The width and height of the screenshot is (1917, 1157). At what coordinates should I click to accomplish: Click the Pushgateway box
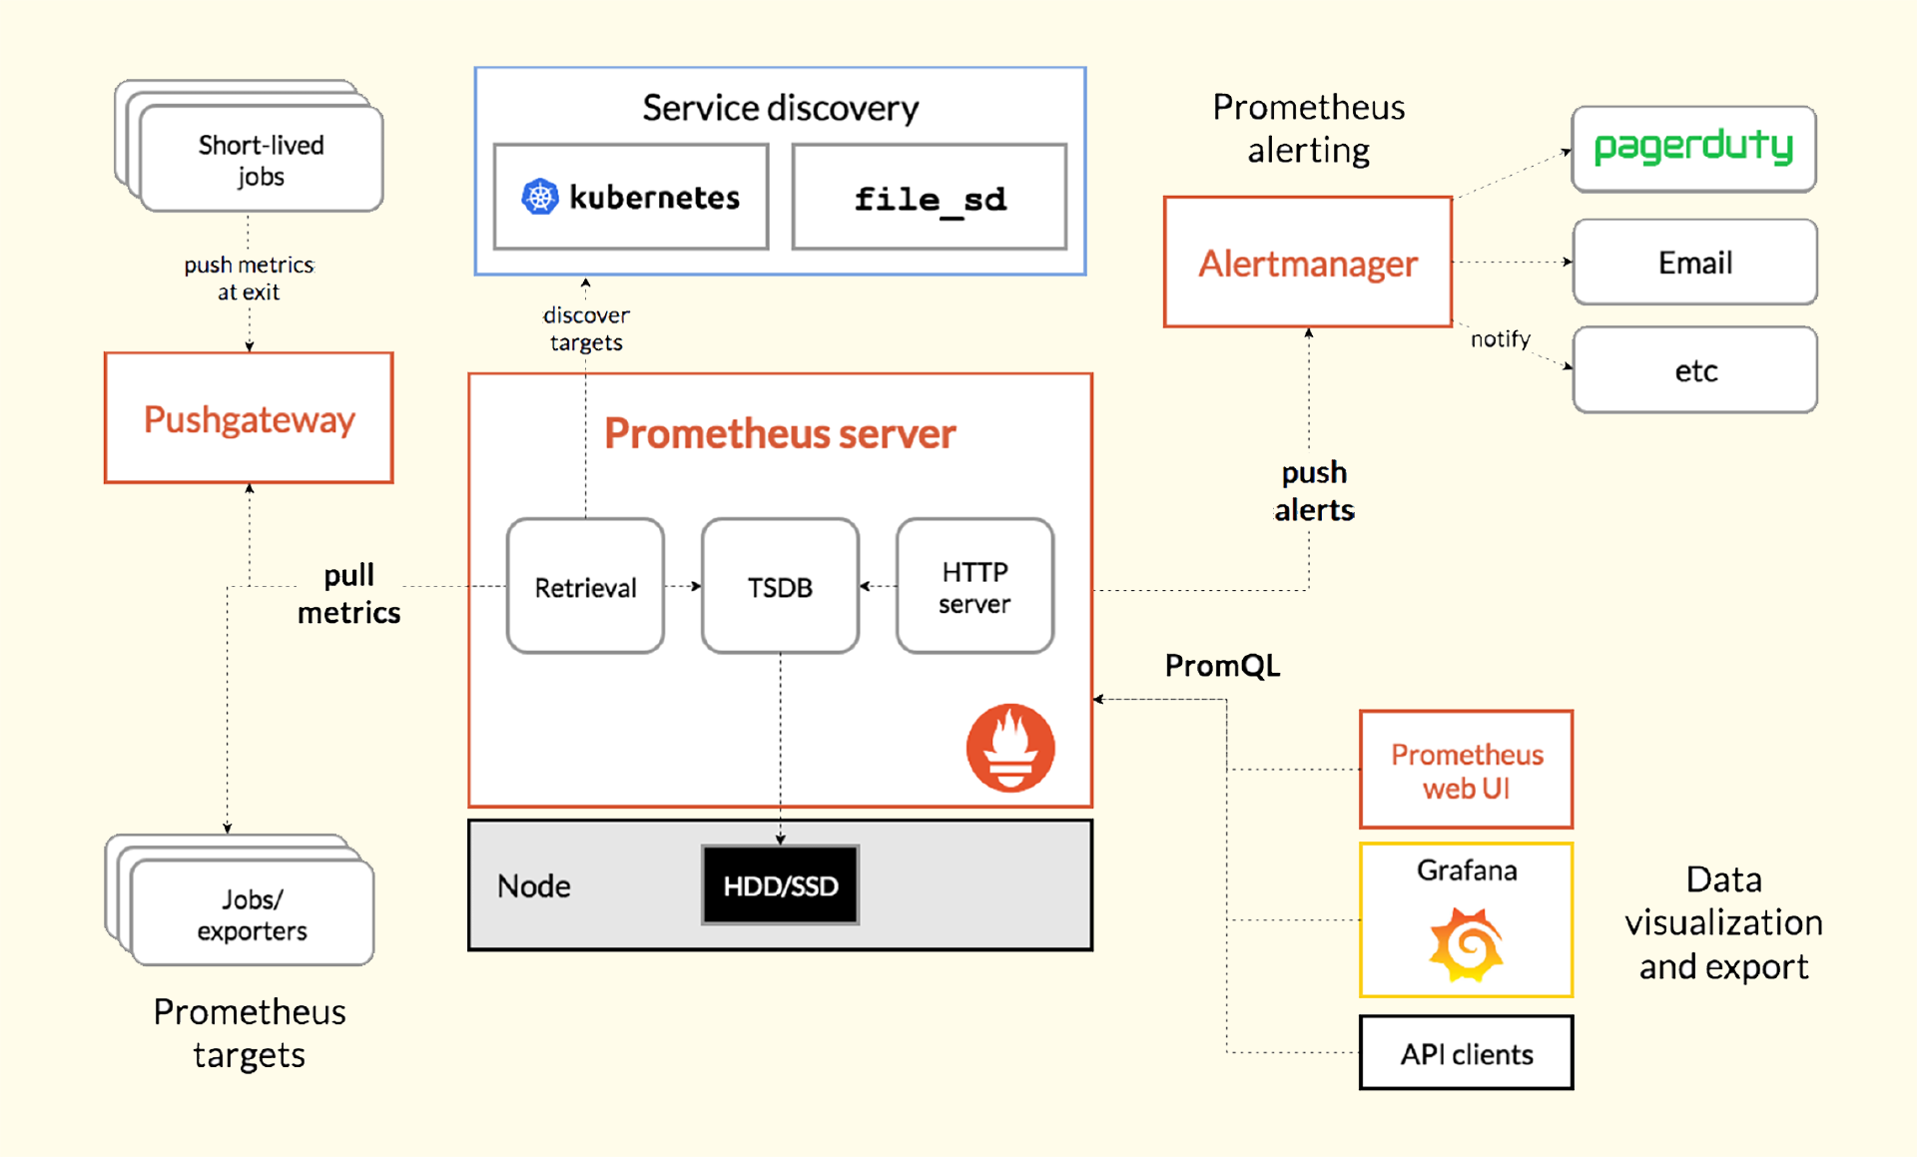(x=249, y=418)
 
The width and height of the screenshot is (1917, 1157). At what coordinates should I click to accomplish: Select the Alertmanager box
(x=1307, y=263)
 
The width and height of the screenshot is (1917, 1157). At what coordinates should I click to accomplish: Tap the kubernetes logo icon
(x=540, y=197)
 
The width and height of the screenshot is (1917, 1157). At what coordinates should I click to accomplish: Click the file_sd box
(x=929, y=198)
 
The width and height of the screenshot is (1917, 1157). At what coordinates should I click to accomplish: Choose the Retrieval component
(x=585, y=586)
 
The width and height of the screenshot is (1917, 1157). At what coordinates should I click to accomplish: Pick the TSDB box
(x=780, y=586)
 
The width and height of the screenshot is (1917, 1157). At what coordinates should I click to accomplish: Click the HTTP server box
(x=974, y=586)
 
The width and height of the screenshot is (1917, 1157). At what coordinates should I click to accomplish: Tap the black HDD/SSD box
(x=780, y=885)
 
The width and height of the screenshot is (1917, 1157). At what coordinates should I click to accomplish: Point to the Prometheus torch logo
(x=1010, y=748)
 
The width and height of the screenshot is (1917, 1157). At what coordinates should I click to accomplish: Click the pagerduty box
(x=1693, y=149)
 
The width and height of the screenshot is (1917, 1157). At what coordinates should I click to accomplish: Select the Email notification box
(x=1694, y=263)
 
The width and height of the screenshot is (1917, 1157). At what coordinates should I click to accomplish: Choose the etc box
(x=1694, y=370)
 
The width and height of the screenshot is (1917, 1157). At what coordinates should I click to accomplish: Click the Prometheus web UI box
(x=1466, y=770)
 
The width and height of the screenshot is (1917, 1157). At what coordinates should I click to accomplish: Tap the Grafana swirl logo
(x=1466, y=943)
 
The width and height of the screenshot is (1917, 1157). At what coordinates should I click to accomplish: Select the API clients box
(x=1466, y=1053)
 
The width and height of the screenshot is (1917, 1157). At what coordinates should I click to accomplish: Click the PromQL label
(x=1222, y=666)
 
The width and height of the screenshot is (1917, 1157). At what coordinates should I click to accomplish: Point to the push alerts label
(x=1314, y=491)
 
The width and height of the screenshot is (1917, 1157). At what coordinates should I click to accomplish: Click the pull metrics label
(x=348, y=594)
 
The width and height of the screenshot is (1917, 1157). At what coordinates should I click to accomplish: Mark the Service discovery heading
(x=780, y=108)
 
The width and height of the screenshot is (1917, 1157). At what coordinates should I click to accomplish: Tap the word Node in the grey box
(x=534, y=885)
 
